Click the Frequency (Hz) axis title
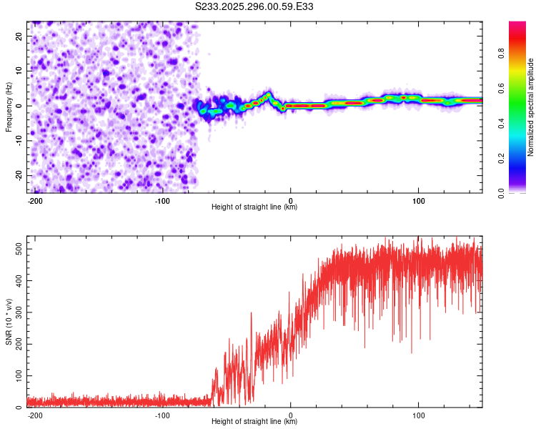(9, 106)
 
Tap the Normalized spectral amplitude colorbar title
(530, 107)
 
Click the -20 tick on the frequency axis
(18, 175)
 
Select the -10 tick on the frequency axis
(18, 140)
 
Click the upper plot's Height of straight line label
(254, 207)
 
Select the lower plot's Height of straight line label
(254, 422)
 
